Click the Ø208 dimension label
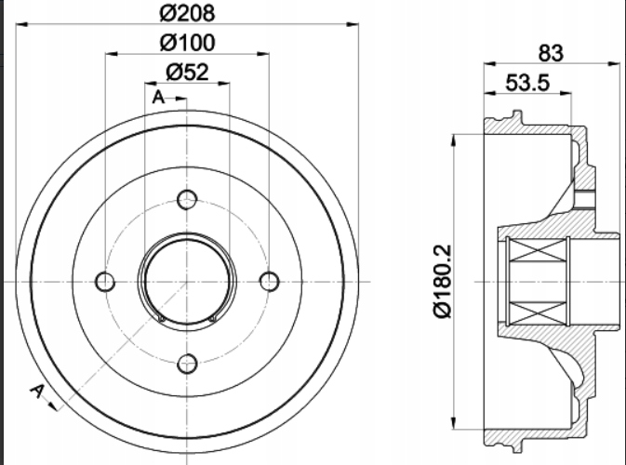[187, 13]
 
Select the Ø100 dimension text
[187, 43]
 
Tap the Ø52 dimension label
[187, 73]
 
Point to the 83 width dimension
[551, 53]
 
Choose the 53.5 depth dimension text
[527, 83]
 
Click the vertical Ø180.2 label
[443, 282]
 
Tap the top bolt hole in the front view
[187, 200]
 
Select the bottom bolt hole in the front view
[187, 364]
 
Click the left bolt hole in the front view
[105, 282]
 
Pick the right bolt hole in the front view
[270, 282]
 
